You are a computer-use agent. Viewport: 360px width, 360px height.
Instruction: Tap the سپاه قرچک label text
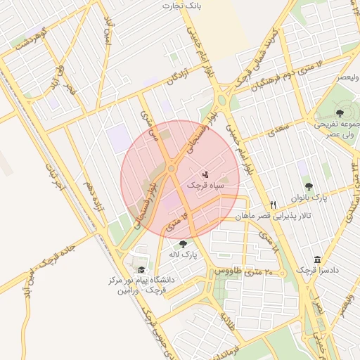point(205,185)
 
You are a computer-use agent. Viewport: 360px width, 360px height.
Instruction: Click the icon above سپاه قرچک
point(205,173)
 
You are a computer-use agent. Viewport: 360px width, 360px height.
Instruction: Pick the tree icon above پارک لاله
point(184,244)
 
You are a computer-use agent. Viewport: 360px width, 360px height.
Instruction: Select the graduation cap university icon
point(141,269)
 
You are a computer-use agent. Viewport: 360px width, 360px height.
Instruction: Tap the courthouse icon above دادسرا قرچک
point(318,259)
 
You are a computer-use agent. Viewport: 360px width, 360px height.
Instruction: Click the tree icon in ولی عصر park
point(340,112)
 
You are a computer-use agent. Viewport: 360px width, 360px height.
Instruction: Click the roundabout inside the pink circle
point(171,169)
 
